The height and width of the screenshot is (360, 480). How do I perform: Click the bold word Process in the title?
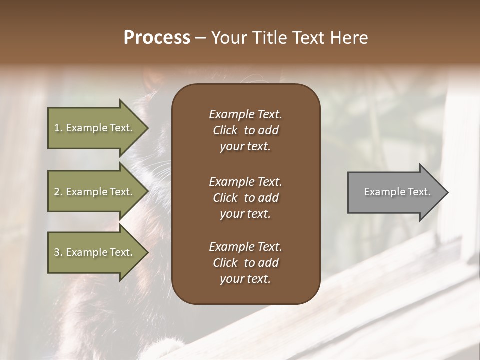[157, 38]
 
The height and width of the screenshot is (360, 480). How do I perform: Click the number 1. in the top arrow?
[58, 128]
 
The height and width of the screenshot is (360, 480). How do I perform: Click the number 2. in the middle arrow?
[58, 192]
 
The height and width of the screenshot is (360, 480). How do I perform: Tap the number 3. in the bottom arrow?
[58, 252]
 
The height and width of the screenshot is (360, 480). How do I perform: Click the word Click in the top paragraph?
[225, 130]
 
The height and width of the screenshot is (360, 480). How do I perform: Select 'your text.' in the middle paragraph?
[245, 214]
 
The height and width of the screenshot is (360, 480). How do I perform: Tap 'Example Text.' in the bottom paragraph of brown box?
[245, 247]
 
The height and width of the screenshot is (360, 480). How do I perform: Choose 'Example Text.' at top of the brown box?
[245, 114]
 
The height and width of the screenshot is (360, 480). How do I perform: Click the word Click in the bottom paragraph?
[225, 263]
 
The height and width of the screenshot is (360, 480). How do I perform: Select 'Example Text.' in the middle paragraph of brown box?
[245, 181]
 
